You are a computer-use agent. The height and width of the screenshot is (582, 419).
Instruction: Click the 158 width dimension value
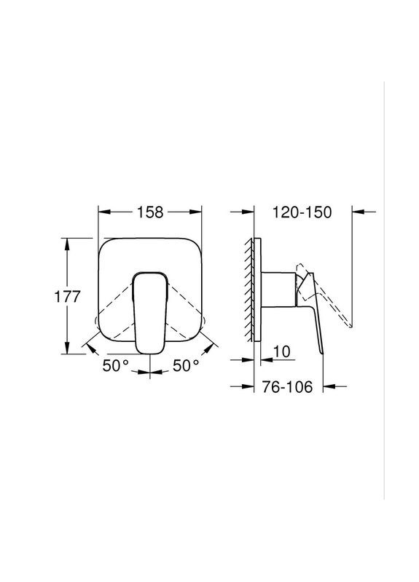149,212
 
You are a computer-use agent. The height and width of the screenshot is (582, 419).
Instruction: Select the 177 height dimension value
68,298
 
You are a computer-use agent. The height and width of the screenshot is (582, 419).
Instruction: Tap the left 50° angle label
115,365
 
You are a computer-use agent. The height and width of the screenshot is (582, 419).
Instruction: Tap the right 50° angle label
186,365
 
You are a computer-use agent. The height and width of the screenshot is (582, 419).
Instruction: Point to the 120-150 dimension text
301,212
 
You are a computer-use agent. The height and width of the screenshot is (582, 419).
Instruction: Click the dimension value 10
282,352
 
